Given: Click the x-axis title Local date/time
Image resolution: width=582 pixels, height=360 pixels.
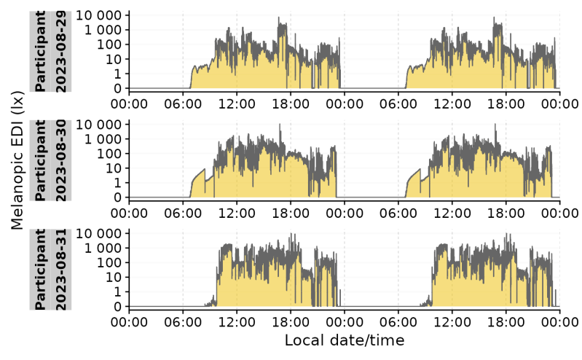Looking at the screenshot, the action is [344, 340].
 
